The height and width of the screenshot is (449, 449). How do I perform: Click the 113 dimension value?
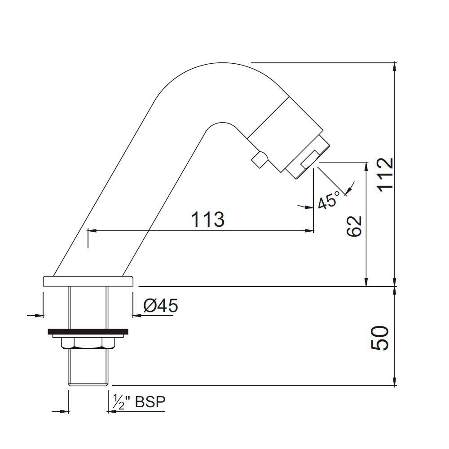pyautogui.click(x=207, y=220)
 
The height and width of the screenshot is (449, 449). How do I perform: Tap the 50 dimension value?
pyautogui.click(x=380, y=338)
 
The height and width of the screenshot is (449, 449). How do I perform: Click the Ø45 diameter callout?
pyautogui.click(x=160, y=306)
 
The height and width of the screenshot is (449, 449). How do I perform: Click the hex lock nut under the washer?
pyautogui.click(x=88, y=343)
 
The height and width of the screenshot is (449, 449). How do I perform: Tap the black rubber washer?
pyautogui.click(x=88, y=333)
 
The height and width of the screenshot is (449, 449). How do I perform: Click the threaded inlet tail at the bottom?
pyautogui.click(x=88, y=367)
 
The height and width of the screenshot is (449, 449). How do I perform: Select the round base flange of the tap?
pyautogui.click(x=88, y=281)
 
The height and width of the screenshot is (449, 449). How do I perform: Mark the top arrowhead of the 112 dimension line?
pyautogui.click(x=395, y=66)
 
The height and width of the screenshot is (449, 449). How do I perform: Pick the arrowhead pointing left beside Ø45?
pyautogui.click(x=136, y=316)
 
